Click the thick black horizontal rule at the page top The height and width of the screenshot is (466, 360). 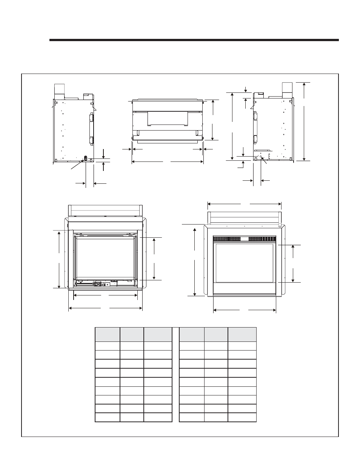(x=194, y=39)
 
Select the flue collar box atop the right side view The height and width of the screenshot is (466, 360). (x=287, y=88)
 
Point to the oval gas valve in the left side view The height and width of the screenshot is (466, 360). (x=85, y=158)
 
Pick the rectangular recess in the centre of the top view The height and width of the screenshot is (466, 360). (x=167, y=118)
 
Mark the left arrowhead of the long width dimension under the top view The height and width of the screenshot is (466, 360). (x=133, y=162)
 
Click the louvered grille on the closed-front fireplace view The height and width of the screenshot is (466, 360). (x=245, y=239)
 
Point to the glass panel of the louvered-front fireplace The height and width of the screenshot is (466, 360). (x=244, y=263)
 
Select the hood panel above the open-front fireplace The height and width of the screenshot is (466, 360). (x=105, y=210)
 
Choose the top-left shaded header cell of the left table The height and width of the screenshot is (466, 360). (x=107, y=334)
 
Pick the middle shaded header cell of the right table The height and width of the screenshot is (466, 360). (x=216, y=334)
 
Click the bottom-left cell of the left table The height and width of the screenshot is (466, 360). (x=107, y=417)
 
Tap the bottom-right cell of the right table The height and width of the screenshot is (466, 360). (x=242, y=417)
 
